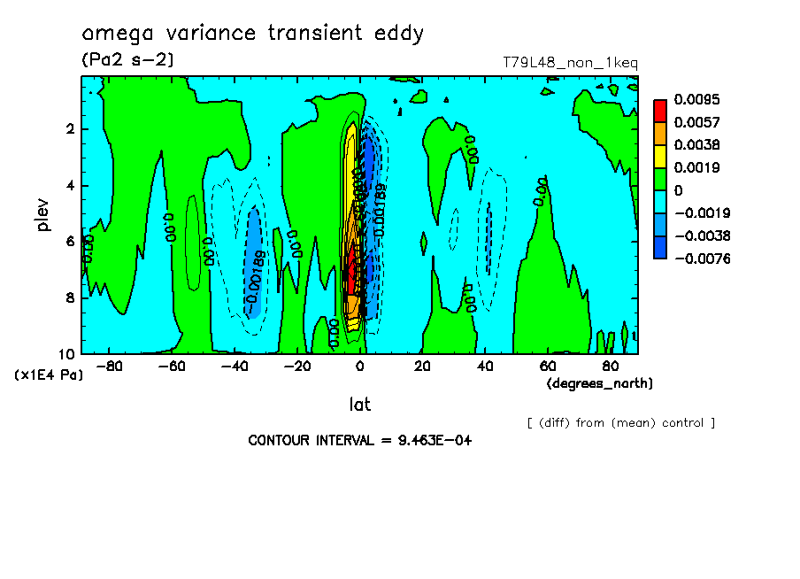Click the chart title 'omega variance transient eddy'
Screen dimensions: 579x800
click(253, 34)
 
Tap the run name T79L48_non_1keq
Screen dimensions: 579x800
click(570, 63)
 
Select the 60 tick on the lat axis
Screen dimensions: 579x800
click(548, 366)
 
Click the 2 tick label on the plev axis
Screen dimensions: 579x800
click(71, 129)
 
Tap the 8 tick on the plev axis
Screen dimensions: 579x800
click(71, 298)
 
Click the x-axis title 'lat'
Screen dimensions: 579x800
click(359, 405)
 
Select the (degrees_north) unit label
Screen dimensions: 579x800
click(600, 383)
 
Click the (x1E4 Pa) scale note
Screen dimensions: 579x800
click(49, 375)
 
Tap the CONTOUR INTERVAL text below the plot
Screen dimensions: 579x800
click(359, 440)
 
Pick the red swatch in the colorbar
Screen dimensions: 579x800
click(660, 110)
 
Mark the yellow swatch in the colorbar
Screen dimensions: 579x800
click(660, 156)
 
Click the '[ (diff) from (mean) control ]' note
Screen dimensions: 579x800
click(621, 423)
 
